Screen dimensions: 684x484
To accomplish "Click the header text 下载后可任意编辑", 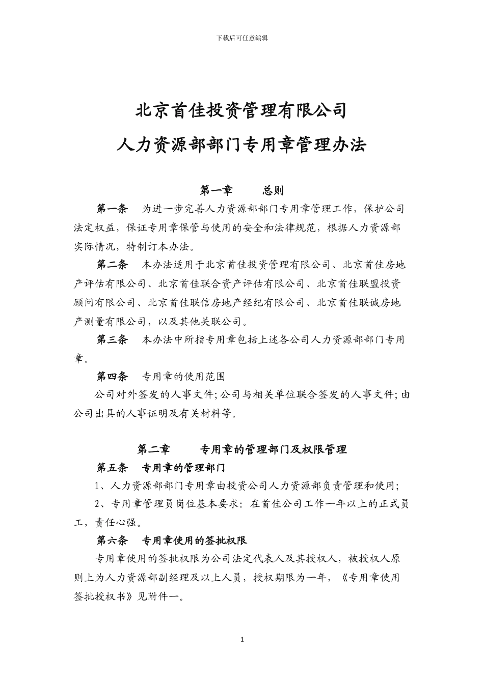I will point(242,38).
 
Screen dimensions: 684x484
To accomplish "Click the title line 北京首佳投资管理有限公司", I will point(241,110).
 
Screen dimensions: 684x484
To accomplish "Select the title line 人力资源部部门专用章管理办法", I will point(241,145).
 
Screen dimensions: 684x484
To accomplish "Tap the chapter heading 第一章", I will point(216,190).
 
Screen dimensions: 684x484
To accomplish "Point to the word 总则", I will point(273,190).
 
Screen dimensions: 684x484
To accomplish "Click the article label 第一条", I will point(113,209).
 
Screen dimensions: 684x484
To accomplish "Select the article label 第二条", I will point(113,265).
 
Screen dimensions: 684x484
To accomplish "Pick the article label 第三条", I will point(113,339).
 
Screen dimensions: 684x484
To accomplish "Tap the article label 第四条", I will point(113,377).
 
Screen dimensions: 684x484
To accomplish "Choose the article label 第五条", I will point(113,467).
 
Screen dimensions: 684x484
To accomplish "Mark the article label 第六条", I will point(113,540).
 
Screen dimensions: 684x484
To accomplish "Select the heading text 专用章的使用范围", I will point(183,377).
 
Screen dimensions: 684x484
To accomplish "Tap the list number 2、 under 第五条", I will point(101,504).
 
